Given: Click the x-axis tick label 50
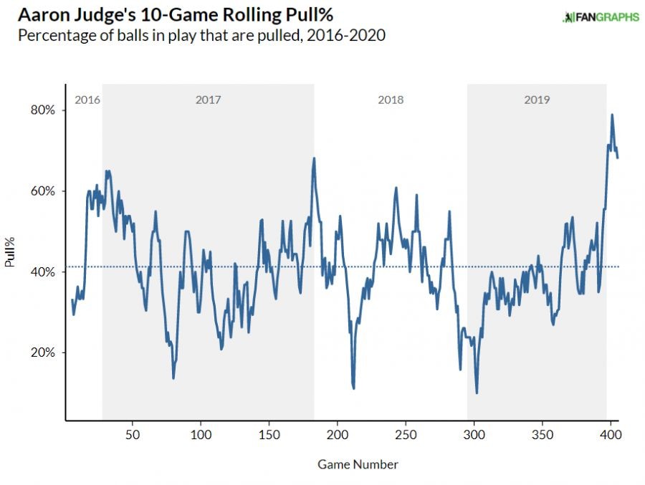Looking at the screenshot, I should click(132, 434).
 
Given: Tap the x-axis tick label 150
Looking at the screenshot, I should click(269, 434).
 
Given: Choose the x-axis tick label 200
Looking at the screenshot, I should click(337, 434).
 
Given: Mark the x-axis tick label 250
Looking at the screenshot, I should click(406, 434).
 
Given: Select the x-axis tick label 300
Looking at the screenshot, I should click(474, 434).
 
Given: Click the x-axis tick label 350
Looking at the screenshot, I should click(543, 434).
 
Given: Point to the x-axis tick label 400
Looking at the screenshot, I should click(611, 434).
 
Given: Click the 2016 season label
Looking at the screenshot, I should click(87, 100).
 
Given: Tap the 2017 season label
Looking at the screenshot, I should click(208, 100).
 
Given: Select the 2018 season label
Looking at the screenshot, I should click(391, 100).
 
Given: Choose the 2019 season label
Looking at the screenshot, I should click(537, 100).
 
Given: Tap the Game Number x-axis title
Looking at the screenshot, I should click(358, 464).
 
